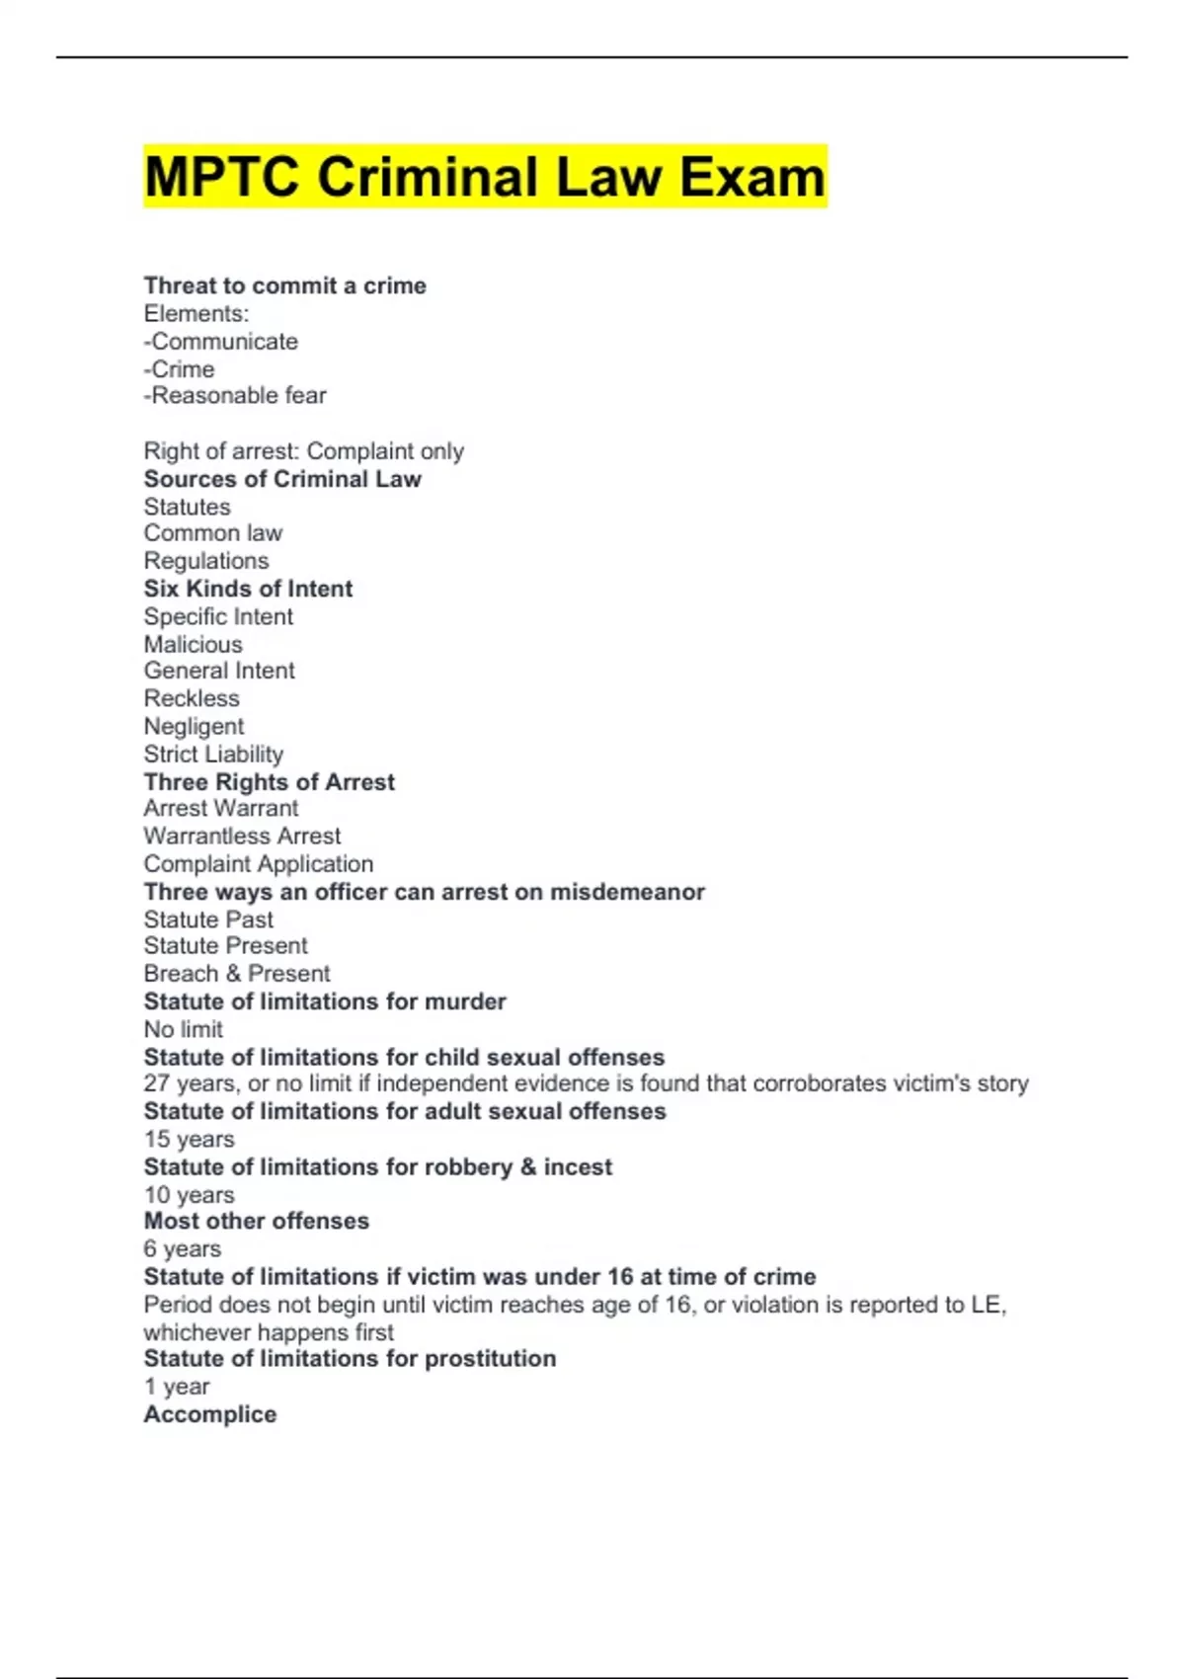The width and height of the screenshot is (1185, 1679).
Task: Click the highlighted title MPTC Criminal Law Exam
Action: (x=484, y=178)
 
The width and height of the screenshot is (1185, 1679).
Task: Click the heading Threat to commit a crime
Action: (x=284, y=286)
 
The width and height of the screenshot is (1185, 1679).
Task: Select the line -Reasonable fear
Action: (x=235, y=396)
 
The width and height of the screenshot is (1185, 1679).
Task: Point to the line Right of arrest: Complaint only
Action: (x=303, y=451)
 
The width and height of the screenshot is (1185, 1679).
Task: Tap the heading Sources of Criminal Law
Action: (x=282, y=479)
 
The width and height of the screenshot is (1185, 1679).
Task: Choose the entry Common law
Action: (x=212, y=533)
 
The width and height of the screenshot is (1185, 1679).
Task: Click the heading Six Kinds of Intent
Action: (x=248, y=589)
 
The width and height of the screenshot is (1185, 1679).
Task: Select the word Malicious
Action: (x=193, y=644)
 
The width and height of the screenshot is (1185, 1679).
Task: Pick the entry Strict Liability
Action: (x=213, y=755)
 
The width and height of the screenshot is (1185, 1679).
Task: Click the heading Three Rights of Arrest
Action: (x=269, y=782)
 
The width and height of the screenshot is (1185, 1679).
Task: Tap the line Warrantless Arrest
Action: (x=242, y=837)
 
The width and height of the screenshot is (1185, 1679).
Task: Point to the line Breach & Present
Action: (x=237, y=974)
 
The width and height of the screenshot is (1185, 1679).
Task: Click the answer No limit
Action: (x=183, y=1029)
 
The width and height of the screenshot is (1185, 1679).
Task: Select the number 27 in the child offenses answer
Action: (x=157, y=1083)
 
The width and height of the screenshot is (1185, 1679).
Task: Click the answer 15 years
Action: (x=189, y=1139)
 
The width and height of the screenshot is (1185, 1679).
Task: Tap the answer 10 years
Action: (x=189, y=1195)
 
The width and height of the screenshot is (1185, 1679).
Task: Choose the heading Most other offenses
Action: (x=256, y=1221)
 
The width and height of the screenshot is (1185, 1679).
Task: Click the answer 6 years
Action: (x=182, y=1249)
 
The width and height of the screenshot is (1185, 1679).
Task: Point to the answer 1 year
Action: (x=176, y=1387)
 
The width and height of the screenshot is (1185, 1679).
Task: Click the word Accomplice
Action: (x=209, y=1414)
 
